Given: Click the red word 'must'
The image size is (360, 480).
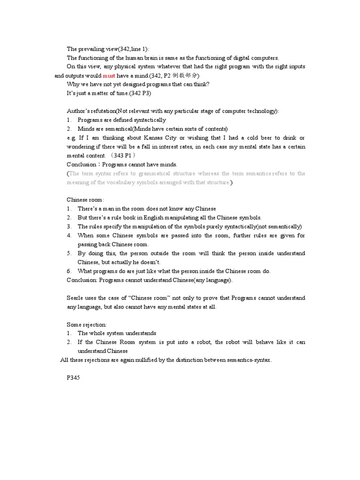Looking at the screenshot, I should (109, 75).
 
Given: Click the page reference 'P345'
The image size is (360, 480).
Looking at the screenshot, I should (74, 378).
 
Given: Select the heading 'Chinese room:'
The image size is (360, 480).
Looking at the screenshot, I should (85, 200).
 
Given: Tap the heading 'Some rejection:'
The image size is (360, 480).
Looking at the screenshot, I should (87, 324).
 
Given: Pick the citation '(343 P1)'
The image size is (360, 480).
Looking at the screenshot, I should (123, 156).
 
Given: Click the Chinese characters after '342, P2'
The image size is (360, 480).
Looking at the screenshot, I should (186, 75).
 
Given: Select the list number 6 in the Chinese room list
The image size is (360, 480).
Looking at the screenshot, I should (69, 271).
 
